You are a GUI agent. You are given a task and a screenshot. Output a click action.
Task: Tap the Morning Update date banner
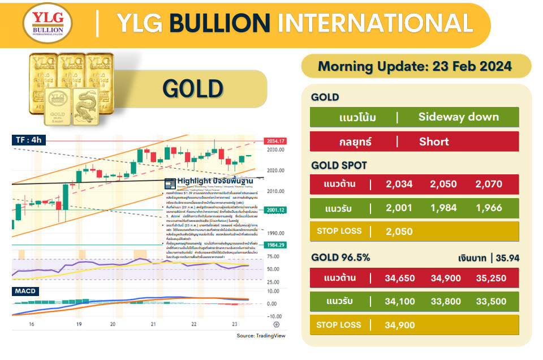(415, 66)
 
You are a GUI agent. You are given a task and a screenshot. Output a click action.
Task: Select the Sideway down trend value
(458, 117)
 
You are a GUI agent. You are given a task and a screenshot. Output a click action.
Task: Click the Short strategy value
(434, 142)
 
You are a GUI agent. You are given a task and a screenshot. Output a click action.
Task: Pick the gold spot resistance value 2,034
(399, 184)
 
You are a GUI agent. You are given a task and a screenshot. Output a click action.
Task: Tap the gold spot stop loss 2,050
(399, 232)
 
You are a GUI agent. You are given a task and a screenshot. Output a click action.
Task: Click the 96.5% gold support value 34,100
(399, 301)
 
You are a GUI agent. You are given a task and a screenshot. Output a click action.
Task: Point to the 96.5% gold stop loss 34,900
(399, 325)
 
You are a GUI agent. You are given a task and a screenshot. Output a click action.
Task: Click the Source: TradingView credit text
(262, 336)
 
